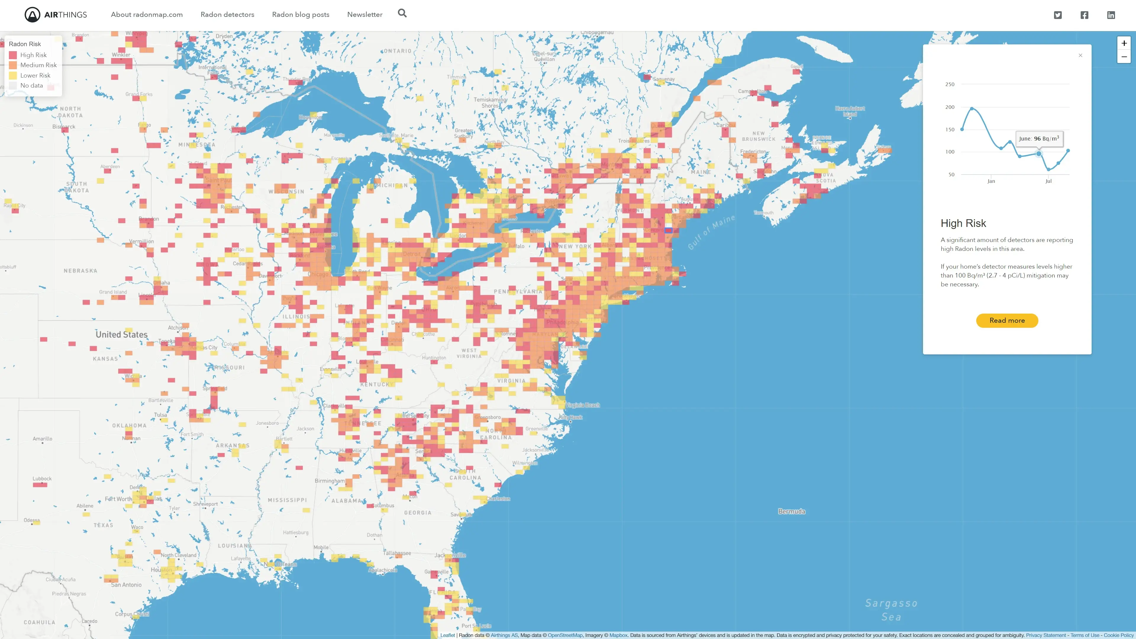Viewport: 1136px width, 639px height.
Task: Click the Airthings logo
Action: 56,14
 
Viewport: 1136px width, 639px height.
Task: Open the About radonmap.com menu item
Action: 146,14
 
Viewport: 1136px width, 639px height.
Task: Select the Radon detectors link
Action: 227,14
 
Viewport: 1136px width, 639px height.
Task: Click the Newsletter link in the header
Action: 364,14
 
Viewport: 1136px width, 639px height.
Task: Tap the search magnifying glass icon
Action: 402,13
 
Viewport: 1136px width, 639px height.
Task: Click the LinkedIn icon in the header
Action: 1111,15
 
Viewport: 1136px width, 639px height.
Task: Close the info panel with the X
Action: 1080,55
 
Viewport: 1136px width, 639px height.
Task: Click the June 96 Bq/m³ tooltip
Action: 1039,138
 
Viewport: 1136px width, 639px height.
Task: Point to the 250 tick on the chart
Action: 949,84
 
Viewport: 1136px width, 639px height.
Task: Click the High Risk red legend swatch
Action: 13,55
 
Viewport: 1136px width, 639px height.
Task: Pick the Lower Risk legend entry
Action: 35,75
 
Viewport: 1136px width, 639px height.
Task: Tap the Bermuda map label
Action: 791,511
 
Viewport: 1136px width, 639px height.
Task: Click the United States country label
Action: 121,334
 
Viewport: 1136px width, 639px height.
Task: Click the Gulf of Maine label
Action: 711,232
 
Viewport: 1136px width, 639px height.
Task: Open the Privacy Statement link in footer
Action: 1045,635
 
